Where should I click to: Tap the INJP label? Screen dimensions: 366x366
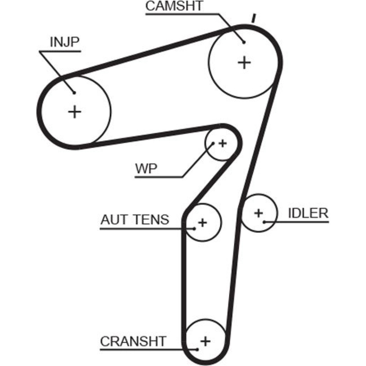pyautogui.click(x=65, y=42)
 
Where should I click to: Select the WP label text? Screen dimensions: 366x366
pyautogui.click(x=146, y=169)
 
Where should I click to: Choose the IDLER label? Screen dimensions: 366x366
pyautogui.click(x=308, y=213)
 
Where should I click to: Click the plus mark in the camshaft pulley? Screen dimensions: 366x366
pyautogui.click(x=244, y=63)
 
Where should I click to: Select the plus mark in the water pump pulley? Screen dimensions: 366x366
pyautogui.click(x=222, y=143)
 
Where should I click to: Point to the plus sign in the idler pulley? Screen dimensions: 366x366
pyautogui.click(x=259, y=212)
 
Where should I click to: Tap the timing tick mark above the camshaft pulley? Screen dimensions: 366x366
pyautogui.click(x=253, y=18)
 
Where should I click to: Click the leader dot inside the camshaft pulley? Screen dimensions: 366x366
pyautogui.click(x=244, y=42)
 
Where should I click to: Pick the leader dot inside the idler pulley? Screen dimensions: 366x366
pyautogui.click(x=264, y=221)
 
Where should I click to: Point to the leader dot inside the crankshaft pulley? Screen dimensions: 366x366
pyautogui.click(x=198, y=348)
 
